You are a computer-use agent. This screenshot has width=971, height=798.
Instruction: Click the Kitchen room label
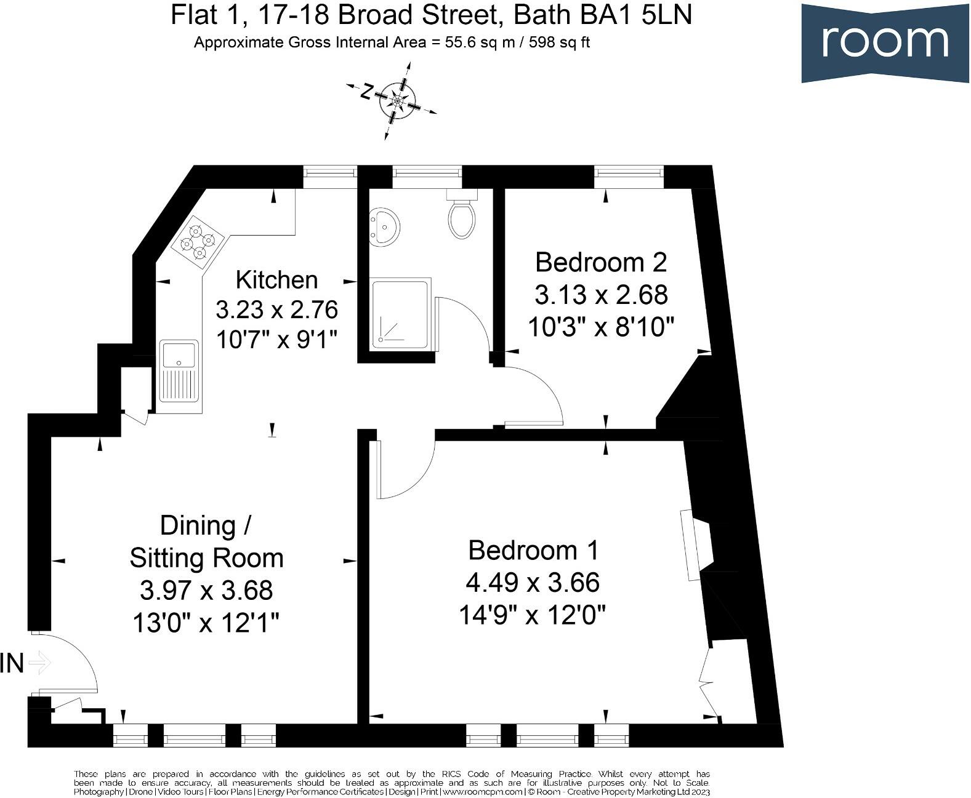point(276,280)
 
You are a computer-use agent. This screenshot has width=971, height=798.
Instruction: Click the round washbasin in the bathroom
point(384,227)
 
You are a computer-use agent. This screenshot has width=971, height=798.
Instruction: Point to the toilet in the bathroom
point(462,215)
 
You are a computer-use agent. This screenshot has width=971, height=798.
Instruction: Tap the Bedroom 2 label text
point(600,262)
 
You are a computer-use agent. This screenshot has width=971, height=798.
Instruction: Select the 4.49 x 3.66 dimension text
point(533,582)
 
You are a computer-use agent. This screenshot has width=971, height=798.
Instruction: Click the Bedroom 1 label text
point(533,550)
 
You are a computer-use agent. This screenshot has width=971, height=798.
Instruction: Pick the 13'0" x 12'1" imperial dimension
point(206,623)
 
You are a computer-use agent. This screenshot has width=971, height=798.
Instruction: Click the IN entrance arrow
point(39,663)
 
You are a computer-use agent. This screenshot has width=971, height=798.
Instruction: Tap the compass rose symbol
point(397,100)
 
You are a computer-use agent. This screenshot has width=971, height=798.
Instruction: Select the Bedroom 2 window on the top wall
point(628,177)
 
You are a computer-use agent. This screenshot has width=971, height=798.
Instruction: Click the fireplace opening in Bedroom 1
point(702,545)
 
